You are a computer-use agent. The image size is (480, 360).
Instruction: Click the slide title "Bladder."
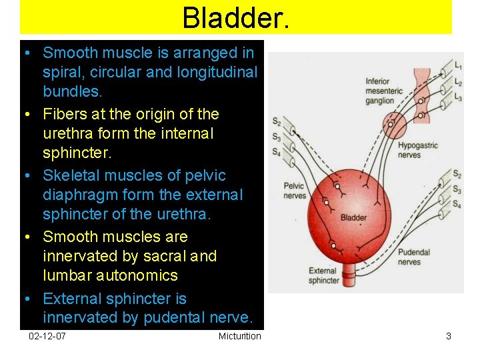coord(235,17)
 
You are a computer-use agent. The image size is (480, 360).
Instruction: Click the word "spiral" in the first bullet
coord(61,71)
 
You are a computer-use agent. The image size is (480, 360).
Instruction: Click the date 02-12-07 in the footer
coord(47,336)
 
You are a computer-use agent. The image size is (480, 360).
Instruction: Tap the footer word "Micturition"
coord(239,336)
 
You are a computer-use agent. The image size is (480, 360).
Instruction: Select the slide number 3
coord(449,336)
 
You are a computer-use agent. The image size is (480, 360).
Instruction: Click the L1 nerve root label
coord(457,66)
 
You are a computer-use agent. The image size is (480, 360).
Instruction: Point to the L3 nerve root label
coord(457,98)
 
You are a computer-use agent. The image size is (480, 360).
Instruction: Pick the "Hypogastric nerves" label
coord(417,151)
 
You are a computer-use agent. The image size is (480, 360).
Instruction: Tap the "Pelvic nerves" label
coord(294,191)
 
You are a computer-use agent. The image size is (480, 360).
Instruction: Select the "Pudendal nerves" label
coord(414,257)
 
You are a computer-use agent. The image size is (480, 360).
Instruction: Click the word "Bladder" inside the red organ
coord(353,217)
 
